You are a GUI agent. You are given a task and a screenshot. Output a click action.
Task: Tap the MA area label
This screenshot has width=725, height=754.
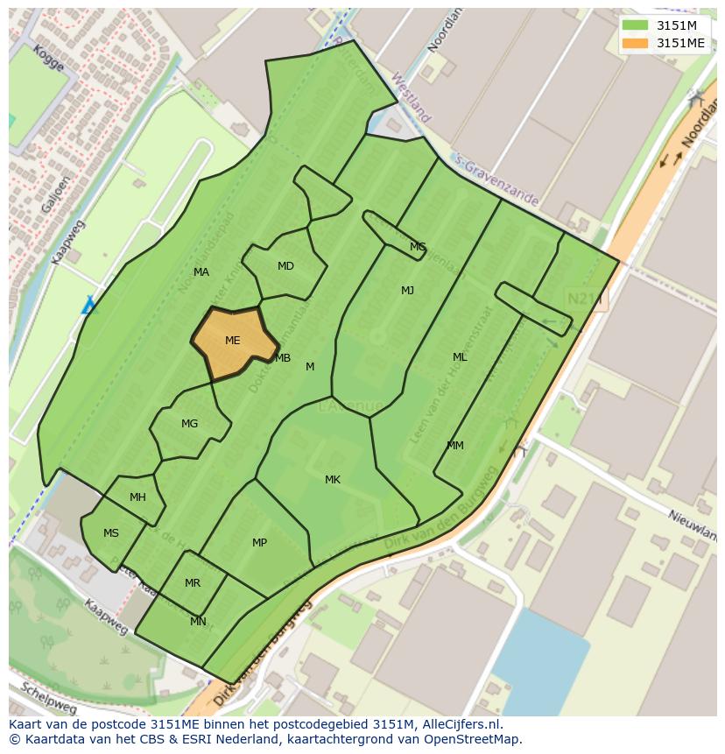tap(201, 272)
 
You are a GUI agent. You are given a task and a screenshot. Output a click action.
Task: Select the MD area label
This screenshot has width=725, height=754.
tap(285, 266)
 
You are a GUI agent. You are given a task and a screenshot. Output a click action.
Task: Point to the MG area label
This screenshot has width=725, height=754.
tap(189, 424)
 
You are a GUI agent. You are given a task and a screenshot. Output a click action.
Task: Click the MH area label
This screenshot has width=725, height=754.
tap(137, 497)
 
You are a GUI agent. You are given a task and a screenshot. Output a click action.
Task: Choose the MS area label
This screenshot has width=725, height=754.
tap(111, 533)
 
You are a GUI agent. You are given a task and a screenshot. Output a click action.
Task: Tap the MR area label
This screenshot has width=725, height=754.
tap(193, 583)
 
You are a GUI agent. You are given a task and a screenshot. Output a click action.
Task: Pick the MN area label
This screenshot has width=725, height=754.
tap(198, 622)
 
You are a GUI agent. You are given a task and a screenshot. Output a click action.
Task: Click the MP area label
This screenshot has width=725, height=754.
tap(259, 543)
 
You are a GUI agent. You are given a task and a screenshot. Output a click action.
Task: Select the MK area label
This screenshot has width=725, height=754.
tap(333, 480)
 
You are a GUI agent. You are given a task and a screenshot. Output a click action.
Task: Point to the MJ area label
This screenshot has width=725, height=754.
tap(407, 291)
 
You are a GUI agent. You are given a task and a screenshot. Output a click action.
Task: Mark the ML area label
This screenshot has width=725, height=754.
tap(460, 357)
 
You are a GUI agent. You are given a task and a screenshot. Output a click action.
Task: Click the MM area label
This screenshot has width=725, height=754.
tap(455, 446)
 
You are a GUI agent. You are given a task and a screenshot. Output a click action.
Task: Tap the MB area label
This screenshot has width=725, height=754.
tap(283, 358)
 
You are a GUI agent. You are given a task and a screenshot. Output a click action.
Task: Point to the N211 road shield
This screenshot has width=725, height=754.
tap(584, 299)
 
